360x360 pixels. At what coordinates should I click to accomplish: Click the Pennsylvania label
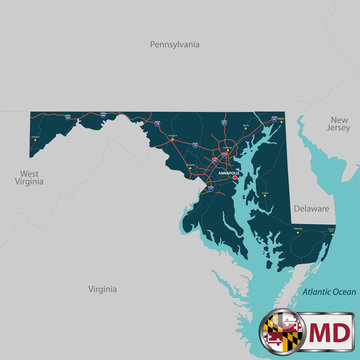tap(175, 45)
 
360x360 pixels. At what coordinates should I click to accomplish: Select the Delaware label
tap(311, 209)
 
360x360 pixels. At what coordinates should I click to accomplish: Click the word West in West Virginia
tap(28, 173)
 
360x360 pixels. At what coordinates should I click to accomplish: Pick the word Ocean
tap(343, 291)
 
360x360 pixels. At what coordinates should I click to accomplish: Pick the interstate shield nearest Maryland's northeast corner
tap(268, 120)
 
